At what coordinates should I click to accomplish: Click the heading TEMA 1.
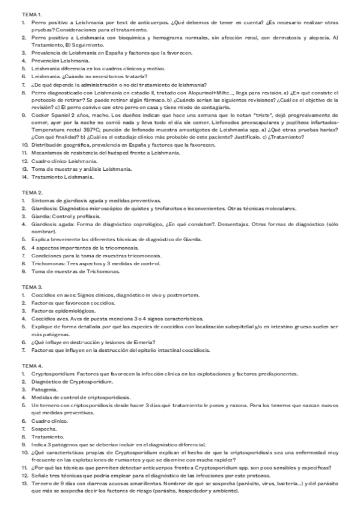tap(32, 13)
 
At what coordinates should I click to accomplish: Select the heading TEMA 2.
tap(32, 192)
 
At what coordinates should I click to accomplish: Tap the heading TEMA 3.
tap(32, 287)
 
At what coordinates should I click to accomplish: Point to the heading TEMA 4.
tap(32, 365)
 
